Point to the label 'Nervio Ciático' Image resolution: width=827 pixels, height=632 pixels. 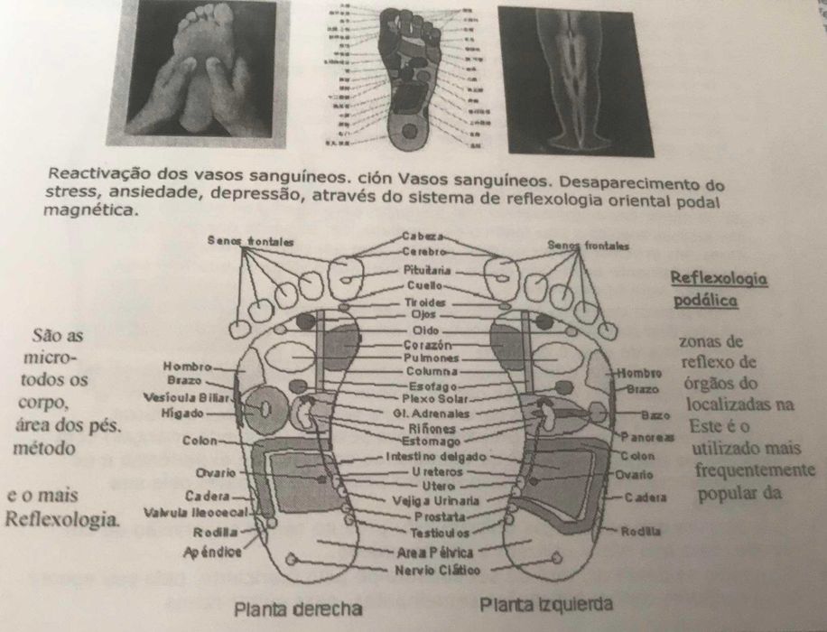[x=430, y=571]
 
